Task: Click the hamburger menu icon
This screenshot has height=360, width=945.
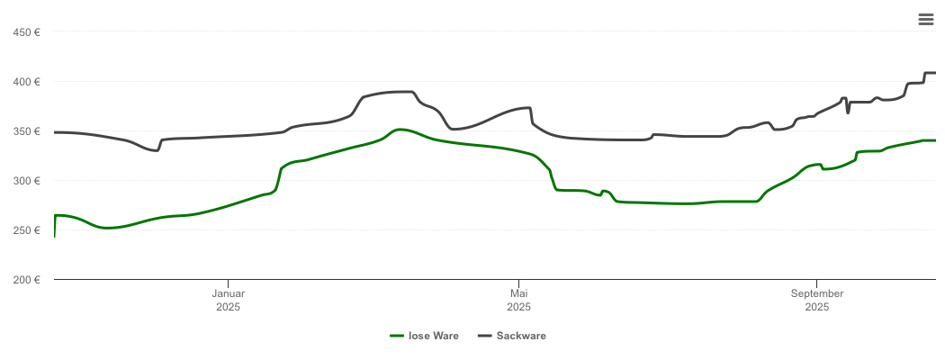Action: pos(926,19)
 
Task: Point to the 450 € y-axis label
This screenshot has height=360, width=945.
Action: pos(27,32)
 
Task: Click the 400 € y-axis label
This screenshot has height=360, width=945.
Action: pos(27,82)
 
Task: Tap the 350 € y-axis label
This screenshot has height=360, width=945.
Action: pos(27,131)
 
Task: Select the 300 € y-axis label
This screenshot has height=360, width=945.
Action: pos(27,181)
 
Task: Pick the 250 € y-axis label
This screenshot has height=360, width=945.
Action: pos(27,230)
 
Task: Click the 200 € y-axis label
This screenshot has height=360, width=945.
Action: pos(27,280)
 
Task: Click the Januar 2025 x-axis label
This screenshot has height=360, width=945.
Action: pos(228,300)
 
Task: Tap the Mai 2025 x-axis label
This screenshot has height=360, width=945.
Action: pos(518,300)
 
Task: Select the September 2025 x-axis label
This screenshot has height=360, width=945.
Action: pos(816,300)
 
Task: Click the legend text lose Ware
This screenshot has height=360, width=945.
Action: pos(434,336)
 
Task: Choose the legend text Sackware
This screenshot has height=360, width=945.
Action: pos(523,336)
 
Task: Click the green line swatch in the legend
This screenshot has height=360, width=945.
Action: pos(397,336)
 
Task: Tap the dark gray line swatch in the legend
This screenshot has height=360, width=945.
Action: pos(485,336)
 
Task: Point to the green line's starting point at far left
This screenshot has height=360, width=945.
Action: pos(55,236)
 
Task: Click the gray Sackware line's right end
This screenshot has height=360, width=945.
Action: pos(935,73)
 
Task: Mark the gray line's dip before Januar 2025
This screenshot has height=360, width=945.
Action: pos(157,150)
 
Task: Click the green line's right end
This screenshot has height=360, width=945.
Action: pos(935,140)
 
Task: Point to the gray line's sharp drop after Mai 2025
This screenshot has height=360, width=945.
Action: pos(532,116)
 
